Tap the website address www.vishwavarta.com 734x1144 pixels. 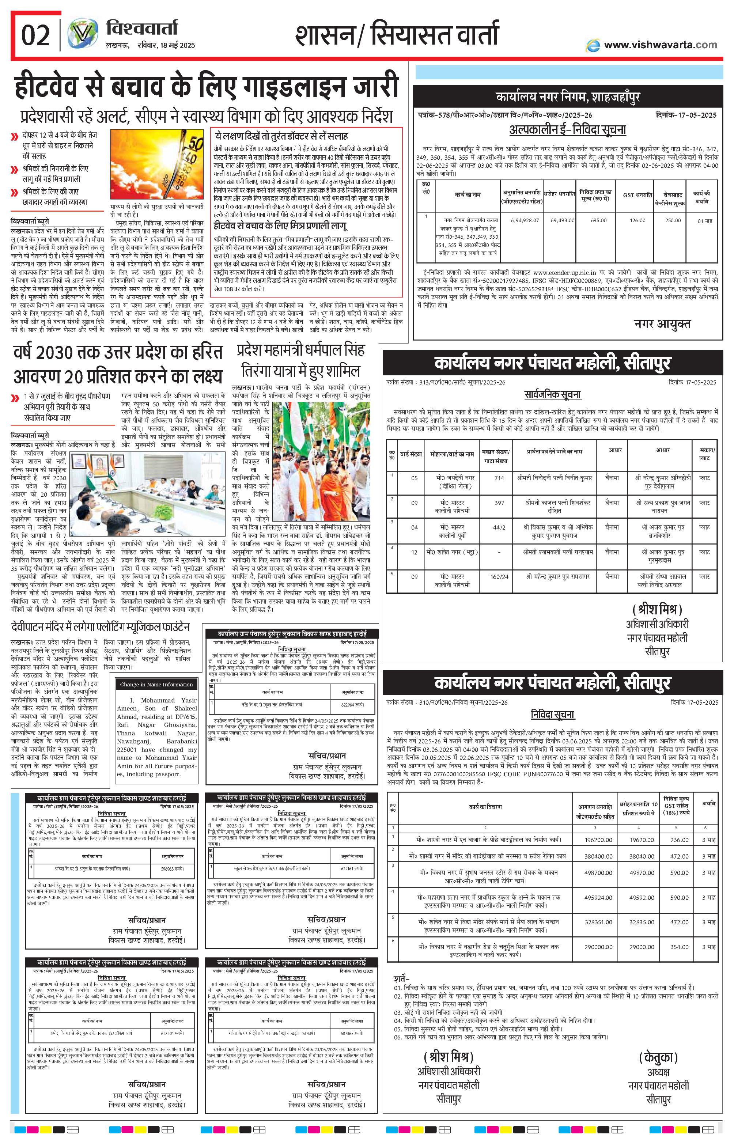pos(660,45)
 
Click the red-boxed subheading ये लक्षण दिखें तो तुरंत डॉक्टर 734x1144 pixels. pos(281,136)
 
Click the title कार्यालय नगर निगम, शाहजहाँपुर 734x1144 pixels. pos(568,97)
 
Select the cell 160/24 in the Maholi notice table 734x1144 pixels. pos(499,576)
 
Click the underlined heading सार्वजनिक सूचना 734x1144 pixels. pos(553,394)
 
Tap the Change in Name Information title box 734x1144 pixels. pos(156,685)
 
